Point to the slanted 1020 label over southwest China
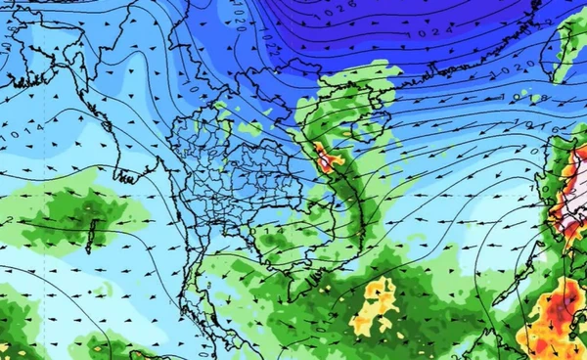tap(240, 22)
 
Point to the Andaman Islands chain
tap(90, 232)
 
